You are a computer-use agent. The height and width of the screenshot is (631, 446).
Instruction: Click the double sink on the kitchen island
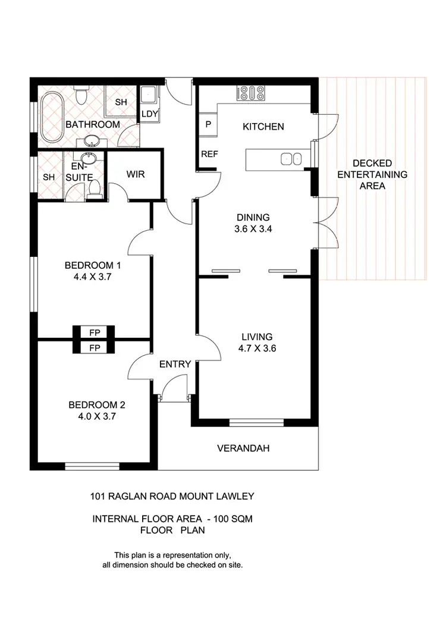coord(291,158)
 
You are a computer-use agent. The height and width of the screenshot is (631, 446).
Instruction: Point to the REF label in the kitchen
coord(209,154)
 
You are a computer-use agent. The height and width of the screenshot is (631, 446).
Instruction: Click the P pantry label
coord(208,125)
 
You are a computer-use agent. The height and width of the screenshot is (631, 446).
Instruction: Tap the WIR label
coord(136,175)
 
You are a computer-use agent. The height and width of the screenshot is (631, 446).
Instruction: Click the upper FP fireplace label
coord(93,332)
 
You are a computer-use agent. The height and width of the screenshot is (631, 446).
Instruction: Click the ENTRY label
coord(175,365)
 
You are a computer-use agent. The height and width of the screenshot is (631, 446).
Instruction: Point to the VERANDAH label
coord(243,448)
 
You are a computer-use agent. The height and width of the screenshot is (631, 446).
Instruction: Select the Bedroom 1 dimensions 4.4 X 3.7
coord(92,277)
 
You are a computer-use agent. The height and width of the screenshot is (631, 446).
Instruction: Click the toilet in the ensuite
coord(93,189)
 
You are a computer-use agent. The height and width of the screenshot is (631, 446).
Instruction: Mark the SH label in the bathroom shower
coord(121,102)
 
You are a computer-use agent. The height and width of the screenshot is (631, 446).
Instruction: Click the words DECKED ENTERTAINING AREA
coord(372,174)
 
